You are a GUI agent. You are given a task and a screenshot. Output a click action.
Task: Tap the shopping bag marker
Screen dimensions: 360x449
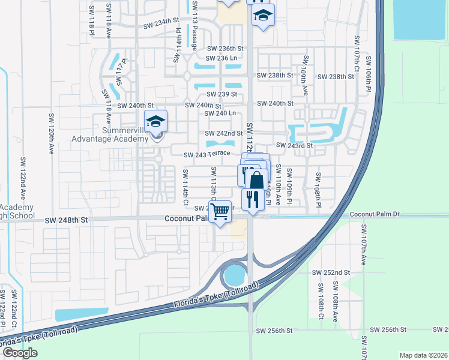pyautogui.click(x=256, y=180)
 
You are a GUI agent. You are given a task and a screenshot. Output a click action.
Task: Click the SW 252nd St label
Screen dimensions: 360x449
pyautogui.click(x=330, y=272)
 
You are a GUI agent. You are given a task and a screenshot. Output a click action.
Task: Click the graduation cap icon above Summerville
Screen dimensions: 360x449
pyautogui.click(x=155, y=122)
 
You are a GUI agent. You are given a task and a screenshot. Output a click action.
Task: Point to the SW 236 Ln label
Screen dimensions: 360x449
pyautogui.click(x=222, y=58)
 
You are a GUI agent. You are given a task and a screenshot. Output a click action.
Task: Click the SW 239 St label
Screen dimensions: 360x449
pyautogui.click(x=221, y=94)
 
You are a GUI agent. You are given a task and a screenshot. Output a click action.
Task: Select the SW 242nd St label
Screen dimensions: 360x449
pyautogui.click(x=224, y=133)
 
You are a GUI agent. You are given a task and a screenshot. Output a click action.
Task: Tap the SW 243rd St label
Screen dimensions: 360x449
pyautogui.click(x=294, y=145)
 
